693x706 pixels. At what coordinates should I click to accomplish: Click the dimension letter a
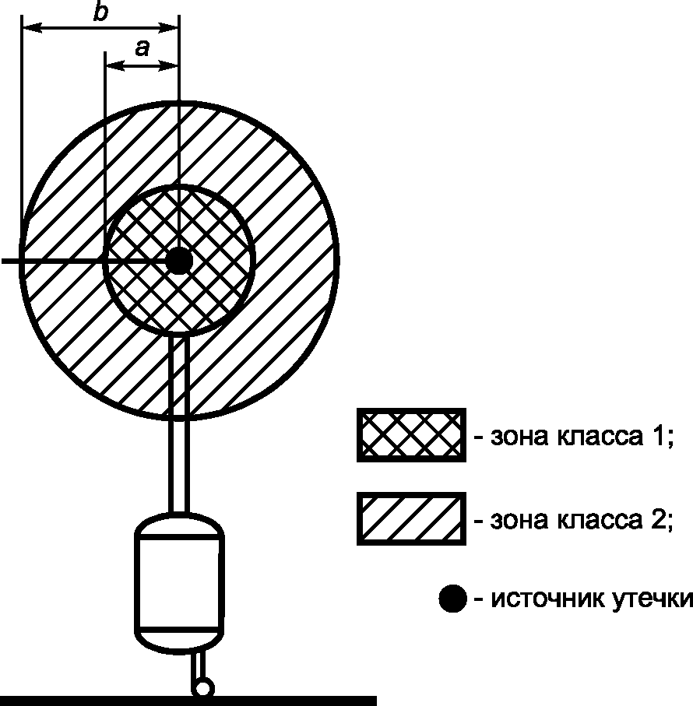(142, 49)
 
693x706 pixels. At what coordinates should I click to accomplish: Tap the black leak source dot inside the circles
(178, 261)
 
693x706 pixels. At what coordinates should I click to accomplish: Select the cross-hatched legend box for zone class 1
(411, 435)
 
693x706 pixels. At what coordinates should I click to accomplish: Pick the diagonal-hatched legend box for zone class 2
(411, 518)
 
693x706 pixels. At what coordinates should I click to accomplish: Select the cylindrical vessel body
(180, 581)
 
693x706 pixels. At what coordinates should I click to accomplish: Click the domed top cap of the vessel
(180, 523)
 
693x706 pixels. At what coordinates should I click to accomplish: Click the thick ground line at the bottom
(187, 701)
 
